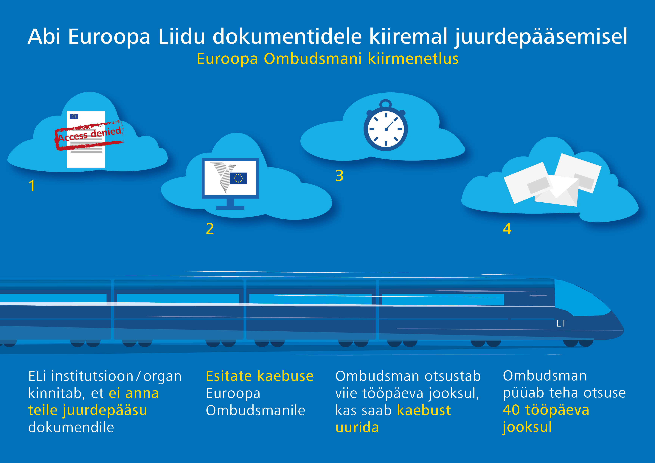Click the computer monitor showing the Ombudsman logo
pos(230,184)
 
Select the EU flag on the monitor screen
pos(238,178)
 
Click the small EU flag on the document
pos(74,116)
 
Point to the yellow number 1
pos(32,186)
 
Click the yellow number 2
pos(210,229)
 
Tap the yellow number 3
pos(339,176)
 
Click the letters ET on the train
pos(561,323)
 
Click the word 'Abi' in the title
pos(44,37)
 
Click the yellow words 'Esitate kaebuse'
pos(260,376)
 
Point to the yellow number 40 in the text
pos(511,410)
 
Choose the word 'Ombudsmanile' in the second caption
pos(256,410)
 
